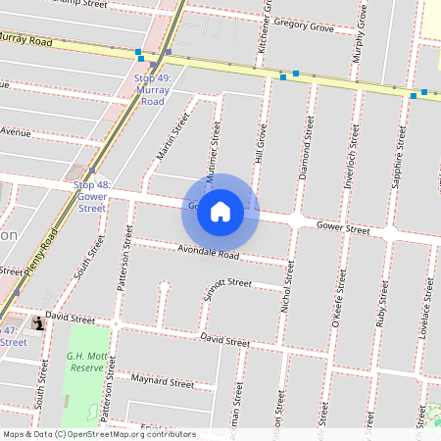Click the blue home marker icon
[220, 212]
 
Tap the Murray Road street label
[26, 40]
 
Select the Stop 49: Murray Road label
[152, 89]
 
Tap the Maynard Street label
[162, 381]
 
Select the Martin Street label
[171, 136]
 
